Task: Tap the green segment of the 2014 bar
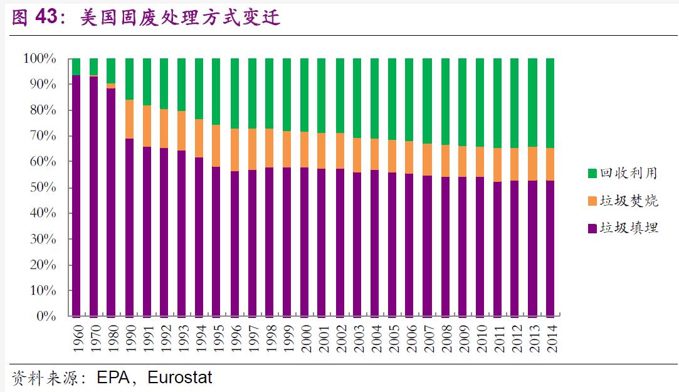coord(550,103)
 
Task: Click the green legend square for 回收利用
coord(592,172)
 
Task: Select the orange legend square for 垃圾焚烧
coord(592,201)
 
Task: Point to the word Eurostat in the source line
coord(180,378)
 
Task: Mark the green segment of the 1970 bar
coord(94,66)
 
